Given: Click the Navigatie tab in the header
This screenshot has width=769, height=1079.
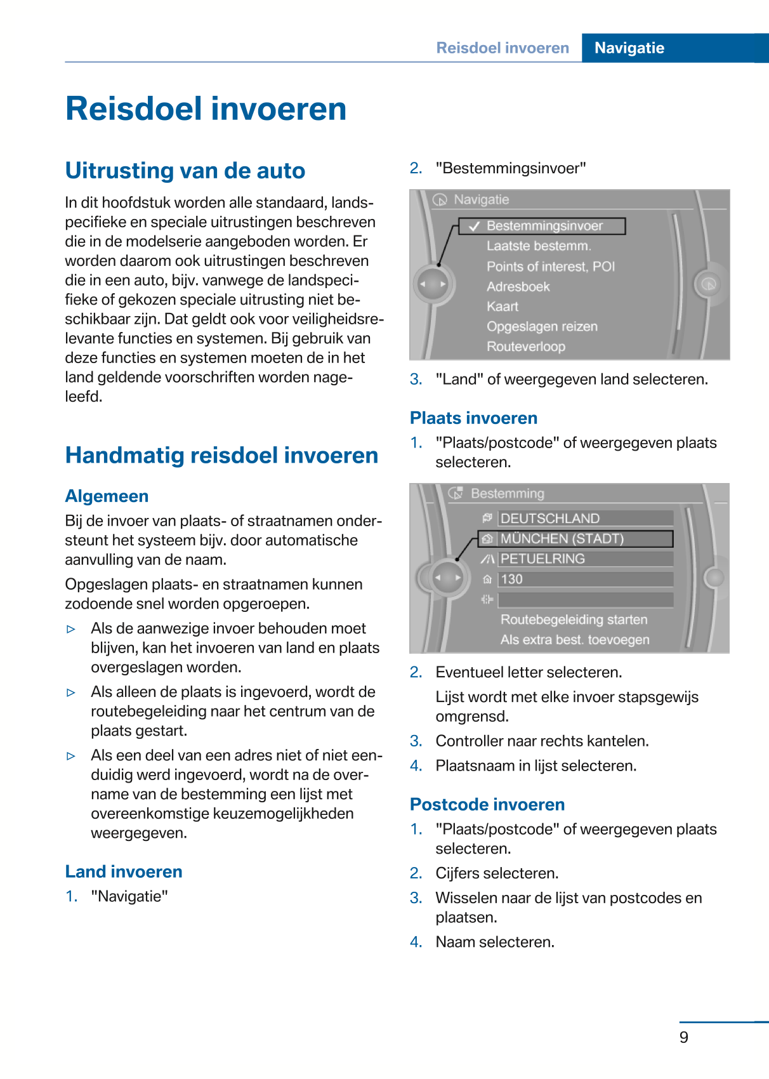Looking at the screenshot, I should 629,48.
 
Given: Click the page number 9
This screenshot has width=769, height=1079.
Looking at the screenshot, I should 683,1037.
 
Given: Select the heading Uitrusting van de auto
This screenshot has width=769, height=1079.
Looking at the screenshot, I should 185,171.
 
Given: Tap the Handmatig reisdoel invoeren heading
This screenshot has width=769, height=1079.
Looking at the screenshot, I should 221,456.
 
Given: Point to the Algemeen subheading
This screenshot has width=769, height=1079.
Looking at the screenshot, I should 107,496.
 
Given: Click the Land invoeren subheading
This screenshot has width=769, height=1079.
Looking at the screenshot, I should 124,871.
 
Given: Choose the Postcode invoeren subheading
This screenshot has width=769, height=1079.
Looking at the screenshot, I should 487,804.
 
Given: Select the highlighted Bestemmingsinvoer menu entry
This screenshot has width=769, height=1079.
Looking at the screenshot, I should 544,226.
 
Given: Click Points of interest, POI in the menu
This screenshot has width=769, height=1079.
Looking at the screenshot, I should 550,267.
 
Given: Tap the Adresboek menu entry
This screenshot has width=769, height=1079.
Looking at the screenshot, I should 518,287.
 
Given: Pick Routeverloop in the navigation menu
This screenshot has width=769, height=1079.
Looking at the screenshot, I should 525,347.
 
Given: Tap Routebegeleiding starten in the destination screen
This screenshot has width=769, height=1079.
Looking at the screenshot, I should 574,619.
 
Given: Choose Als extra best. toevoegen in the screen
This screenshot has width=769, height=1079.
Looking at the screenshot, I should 574,640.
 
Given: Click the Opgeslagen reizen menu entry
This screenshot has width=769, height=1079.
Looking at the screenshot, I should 542,326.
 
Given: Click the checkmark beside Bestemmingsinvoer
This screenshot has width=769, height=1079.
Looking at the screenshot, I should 474,227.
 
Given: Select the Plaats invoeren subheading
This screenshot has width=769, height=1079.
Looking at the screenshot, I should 473,418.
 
